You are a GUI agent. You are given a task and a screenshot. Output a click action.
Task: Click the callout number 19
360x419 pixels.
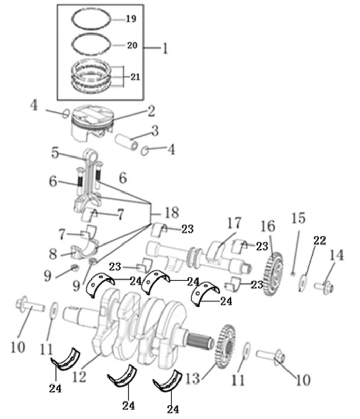pyautogui.click(x=131, y=20)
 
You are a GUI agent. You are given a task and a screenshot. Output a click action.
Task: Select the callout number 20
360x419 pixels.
pyautogui.click(x=132, y=45)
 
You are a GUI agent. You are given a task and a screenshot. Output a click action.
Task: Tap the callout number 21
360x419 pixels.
pyautogui.click(x=134, y=77)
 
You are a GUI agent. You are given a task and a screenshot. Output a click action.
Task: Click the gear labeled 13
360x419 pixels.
pyautogui.click(x=224, y=347)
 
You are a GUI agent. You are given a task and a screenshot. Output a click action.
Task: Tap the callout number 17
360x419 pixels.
pyautogui.click(x=234, y=224)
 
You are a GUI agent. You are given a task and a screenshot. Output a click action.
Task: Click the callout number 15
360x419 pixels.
pyautogui.click(x=298, y=218)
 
